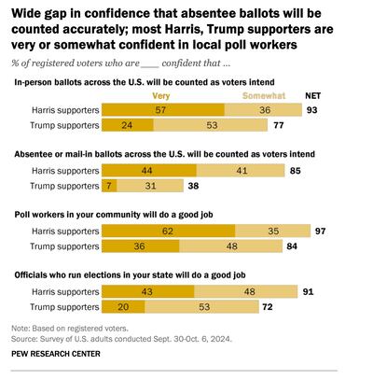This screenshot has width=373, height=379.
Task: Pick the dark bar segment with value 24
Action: tap(125, 123)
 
